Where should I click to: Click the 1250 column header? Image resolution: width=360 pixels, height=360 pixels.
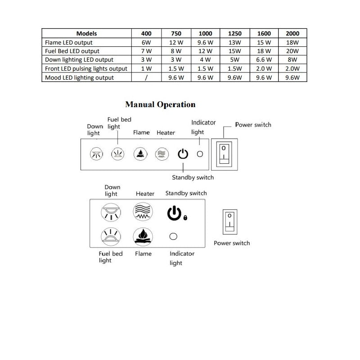coord(235,33)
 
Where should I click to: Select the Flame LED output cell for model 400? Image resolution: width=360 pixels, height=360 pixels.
coord(146,42)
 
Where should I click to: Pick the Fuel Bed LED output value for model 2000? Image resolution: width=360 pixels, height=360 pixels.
coord(292,51)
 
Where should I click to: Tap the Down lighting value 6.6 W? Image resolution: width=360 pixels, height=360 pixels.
coord(264,60)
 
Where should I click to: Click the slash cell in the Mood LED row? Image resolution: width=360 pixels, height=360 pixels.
coord(146,77)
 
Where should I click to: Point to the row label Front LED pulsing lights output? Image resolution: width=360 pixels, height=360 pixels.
coord(86,69)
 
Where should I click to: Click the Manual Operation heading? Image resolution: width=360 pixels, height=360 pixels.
coord(160,105)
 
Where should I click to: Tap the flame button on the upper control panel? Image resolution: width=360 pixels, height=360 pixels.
coord(140,154)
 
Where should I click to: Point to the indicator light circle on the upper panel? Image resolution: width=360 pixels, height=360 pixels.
coord(200,154)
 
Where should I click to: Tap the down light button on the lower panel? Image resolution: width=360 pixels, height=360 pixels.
coord(111,212)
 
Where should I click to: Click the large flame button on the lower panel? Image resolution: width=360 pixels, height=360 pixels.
coord(143,236)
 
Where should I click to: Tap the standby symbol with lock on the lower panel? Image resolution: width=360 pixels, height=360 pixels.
coord(176,213)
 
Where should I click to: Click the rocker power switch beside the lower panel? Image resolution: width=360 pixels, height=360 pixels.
coord(230,221)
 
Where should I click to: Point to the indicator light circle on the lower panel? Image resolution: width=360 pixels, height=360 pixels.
coord(173,236)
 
